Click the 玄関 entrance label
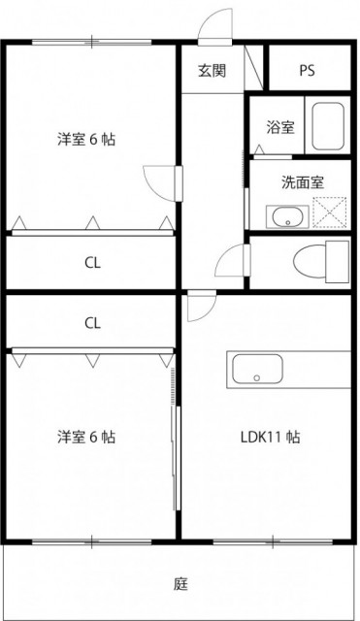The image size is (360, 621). pyautogui.click(x=213, y=71)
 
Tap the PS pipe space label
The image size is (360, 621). pyautogui.click(x=307, y=71)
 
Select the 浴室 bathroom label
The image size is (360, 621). pyautogui.click(x=280, y=127)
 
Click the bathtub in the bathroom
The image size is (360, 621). pyautogui.click(x=328, y=126)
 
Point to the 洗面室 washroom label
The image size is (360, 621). pyautogui.click(x=303, y=182)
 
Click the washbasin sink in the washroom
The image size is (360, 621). pyautogui.click(x=287, y=216)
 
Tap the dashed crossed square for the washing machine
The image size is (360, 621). pyautogui.click(x=330, y=212)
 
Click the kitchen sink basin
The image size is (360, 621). pyautogui.click(x=257, y=369)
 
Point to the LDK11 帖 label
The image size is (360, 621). pyautogui.click(x=271, y=437)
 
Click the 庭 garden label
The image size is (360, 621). pyautogui.click(x=180, y=584)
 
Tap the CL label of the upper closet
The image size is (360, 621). pyautogui.click(x=92, y=263)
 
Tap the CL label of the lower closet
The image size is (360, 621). pyautogui.click(x=92, y=323)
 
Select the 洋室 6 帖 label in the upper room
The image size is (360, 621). pyautogui.click(x=86, y=140)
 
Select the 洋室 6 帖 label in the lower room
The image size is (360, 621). pyautogui.click(x=86, y=437)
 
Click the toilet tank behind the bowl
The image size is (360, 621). pyautogui.click(x=338, y=261)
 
